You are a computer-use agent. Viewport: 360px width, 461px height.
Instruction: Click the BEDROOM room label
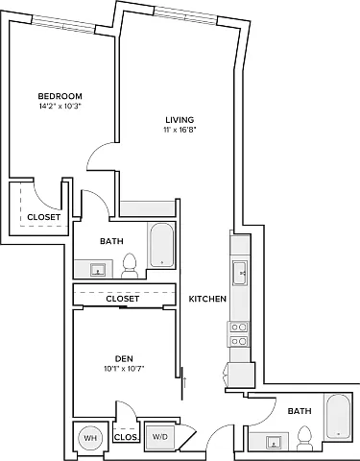[60, 96]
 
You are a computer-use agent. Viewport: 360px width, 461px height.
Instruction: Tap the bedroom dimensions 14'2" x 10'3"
[60, 107]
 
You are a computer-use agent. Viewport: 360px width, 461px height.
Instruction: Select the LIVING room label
[180, 120]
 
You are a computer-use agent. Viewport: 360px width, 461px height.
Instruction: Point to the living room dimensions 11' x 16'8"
[179, 130]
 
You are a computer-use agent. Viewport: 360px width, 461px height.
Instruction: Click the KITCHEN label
[207, 299]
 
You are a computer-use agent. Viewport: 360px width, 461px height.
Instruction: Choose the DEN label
[124, 358]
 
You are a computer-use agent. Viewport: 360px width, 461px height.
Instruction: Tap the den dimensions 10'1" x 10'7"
[124, 369]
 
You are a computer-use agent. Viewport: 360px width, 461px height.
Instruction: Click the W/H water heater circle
[90, 438]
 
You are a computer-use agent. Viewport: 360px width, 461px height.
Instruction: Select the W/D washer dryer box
[160, 437]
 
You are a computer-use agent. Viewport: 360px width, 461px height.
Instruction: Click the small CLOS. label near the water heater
[126, 437]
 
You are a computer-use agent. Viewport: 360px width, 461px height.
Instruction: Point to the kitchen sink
[239, 273]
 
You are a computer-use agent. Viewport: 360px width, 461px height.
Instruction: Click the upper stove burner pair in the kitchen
[239, 328]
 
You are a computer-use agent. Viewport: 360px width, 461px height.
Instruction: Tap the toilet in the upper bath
[130, 266]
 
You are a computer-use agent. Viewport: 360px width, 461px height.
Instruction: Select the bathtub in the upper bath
[162, 245]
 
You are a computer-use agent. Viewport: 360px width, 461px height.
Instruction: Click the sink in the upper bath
[98, 270]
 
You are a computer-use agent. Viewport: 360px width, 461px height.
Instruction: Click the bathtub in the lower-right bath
[338, 417]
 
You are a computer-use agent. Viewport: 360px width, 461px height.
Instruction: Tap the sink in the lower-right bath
[274, 442]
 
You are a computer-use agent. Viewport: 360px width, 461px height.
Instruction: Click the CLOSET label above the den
[123, 299]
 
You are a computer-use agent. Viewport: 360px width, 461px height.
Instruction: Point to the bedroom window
[64, 25]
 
